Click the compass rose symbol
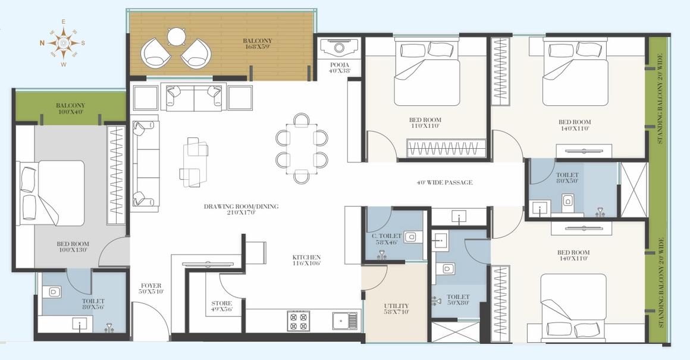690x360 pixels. pyautogui.click(x=62, y=42)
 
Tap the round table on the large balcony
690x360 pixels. pyautogui.click(x=177, y=37)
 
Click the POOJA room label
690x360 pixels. pyautogui.click(x=339, y=67)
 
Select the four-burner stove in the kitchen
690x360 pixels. pyautogui.click(x=299, y=321)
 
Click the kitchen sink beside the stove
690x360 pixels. pyautogui.click(x=344, y=321)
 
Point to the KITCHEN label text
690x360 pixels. pyautogui.click(x=306, y=260)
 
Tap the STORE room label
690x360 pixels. pyautogui.click(x=222, y=306)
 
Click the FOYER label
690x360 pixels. pyautogui.click(x=151, y=289)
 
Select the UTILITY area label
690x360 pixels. pyautogui.click(x=396, y=309)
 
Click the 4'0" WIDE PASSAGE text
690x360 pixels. pyautogui.click(x=444, y=182)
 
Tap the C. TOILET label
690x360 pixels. pyautogui.click(x=386, y=239)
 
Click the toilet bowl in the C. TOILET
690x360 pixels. pyautogui.click(x=411, y=237)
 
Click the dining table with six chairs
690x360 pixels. pyautogui.click(x=302, y=149)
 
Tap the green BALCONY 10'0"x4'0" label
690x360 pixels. pyautogui.click(x=71, y=108)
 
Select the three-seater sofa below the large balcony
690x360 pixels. pyautogui.click(x=194, y=97)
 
